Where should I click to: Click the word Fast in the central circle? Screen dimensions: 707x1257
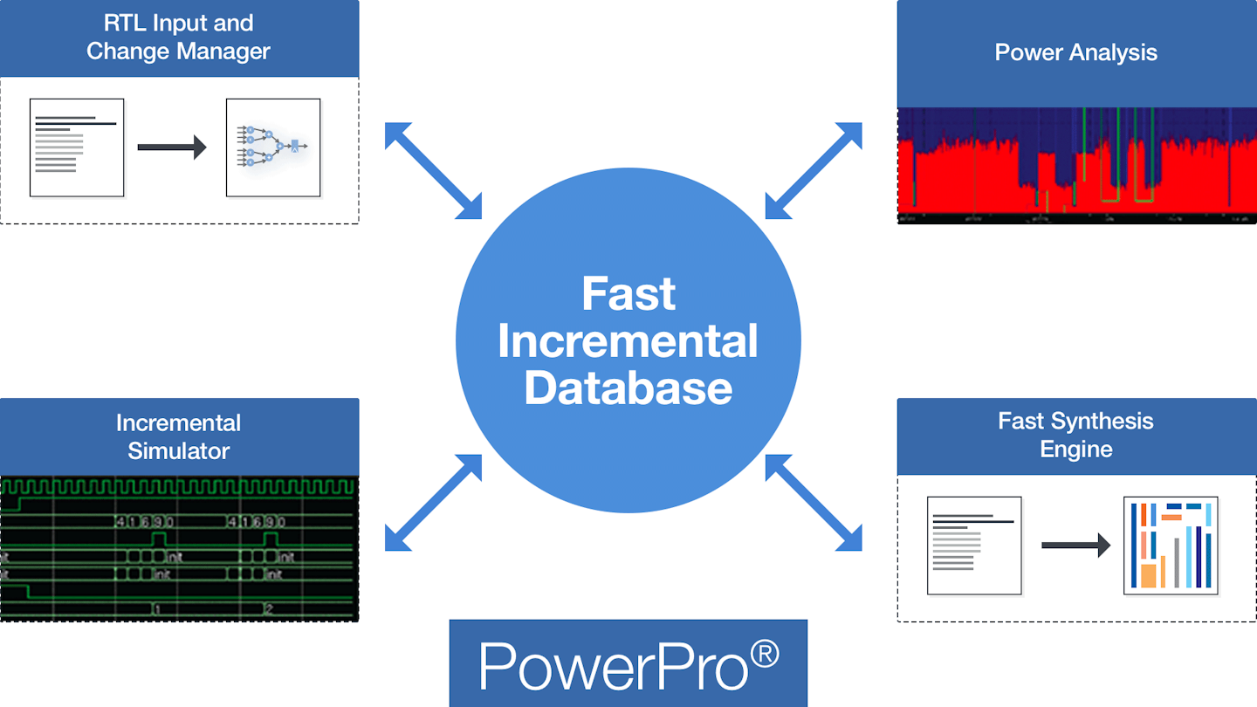tap(628, 294)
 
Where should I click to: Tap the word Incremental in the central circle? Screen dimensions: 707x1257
tap(628, 340)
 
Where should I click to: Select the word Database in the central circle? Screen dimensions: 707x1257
tap(628, 387)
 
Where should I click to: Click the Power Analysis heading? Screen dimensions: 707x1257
tap(1075, 52)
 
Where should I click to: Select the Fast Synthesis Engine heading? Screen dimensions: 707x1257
tap(1075, 435)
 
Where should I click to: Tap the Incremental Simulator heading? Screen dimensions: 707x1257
tap(178, 436)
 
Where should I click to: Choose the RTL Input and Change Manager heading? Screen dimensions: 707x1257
tap(178, 37)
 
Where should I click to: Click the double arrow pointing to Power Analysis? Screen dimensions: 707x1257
tap(814, 170)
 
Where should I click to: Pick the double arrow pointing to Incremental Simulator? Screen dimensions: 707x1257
tap(434, 503)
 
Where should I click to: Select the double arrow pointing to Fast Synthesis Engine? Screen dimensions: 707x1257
tap(814, 503)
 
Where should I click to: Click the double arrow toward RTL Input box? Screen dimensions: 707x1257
tap(434, 170)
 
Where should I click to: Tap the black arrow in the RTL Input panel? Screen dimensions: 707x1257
tap(172, 148)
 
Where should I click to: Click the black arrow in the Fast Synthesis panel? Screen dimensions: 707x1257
tap(1075, 546)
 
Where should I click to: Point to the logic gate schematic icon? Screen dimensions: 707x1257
tap(273, 148)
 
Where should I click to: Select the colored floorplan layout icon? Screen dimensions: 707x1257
tap(1171, 546)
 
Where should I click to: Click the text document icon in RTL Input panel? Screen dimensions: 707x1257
tap(77, 148)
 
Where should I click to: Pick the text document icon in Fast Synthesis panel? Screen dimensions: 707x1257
tap(974, 546)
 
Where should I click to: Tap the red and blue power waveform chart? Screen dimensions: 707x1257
tap(1076, 166)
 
